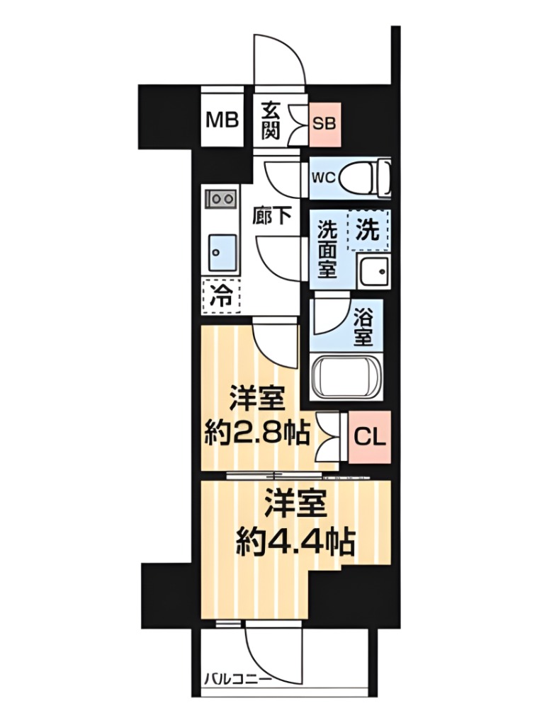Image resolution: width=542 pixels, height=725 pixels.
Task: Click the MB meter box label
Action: [222, 119]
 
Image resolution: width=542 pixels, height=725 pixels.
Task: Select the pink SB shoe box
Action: [326, 120]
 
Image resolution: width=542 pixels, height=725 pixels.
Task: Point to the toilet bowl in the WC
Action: [361, 177]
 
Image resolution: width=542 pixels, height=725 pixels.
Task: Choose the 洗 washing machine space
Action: [368, 230]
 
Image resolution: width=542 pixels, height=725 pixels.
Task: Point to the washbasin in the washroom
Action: [373, 270]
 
